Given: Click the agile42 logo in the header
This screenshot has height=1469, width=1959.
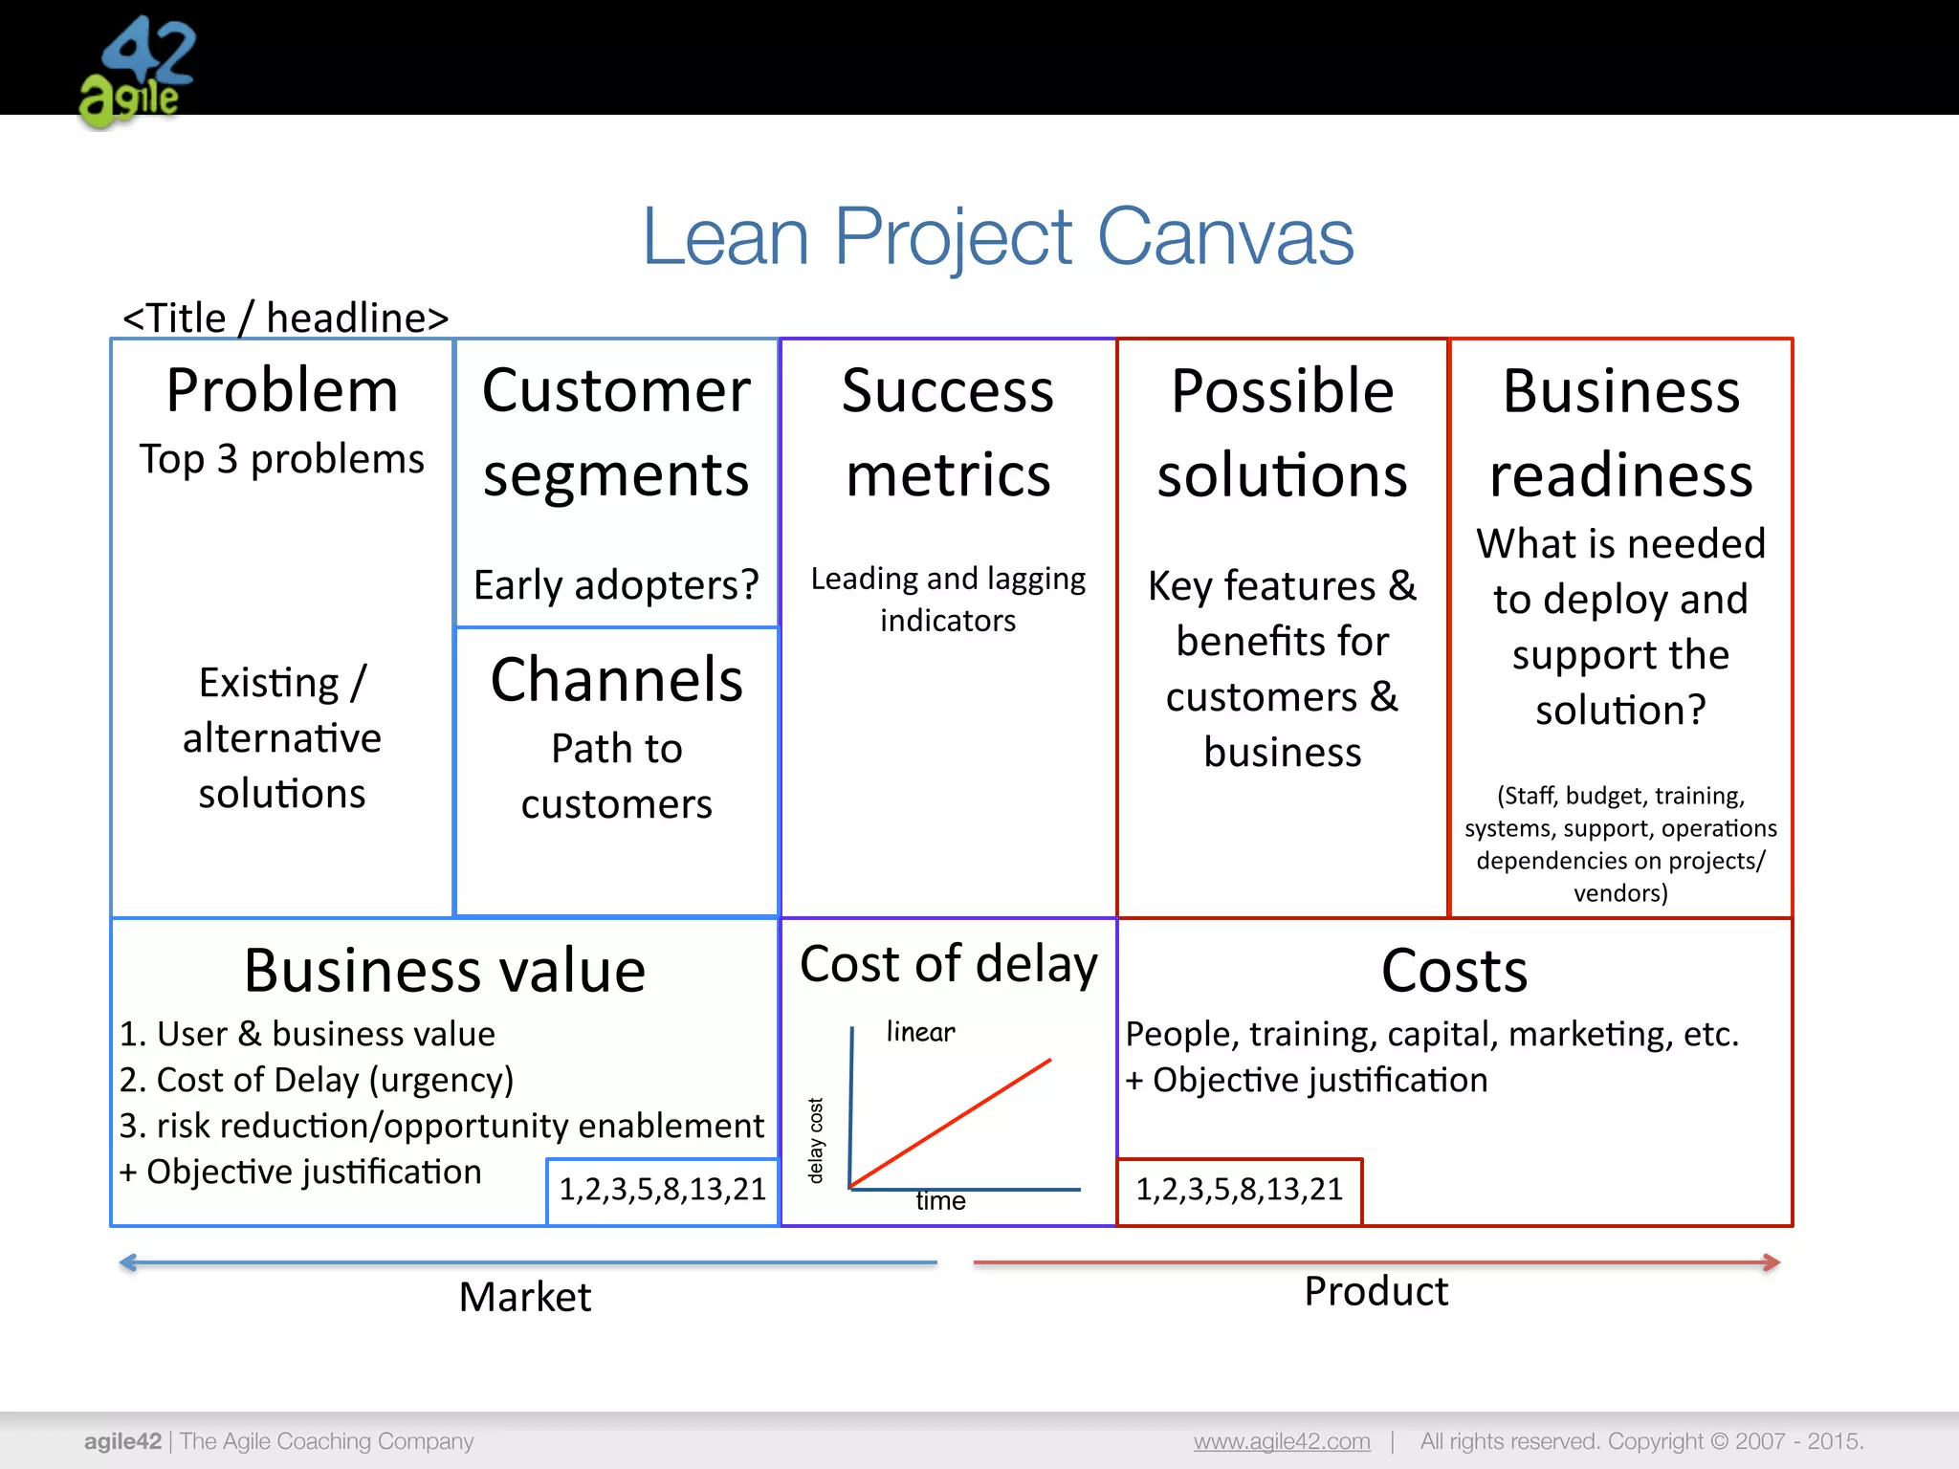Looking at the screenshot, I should point(138,73).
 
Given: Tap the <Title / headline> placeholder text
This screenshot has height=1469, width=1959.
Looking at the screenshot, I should point(285,318).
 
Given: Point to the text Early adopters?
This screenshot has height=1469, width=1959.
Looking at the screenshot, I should point(616,584).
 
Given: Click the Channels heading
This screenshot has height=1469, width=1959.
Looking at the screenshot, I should point(617,680).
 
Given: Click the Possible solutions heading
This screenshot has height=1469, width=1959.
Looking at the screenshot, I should point(1282,432).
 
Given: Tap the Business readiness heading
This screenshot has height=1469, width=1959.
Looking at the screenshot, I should point(1620,432).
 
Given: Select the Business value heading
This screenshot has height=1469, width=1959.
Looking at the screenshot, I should point(445,971).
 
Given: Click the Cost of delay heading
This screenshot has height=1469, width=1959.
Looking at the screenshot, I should point(949,964).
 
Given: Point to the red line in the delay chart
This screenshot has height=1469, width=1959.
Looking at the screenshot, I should point(951,1123).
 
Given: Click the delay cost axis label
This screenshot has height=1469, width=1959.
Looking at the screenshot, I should point(816,1140).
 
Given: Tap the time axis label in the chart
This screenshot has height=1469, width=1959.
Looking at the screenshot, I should point(940,1201).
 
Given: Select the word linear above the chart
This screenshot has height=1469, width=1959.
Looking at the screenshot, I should point(920,1032).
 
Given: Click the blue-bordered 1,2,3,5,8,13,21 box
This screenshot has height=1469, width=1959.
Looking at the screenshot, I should point(663,1190).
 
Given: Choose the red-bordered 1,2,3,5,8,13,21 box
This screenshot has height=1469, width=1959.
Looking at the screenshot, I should point(1240,1190).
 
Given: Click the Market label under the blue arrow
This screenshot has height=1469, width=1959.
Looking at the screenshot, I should point(525,1298).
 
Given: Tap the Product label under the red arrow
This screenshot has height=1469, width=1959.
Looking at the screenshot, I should point(1376,1292).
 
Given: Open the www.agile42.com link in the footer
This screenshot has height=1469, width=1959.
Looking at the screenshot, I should point(1282,1441).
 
